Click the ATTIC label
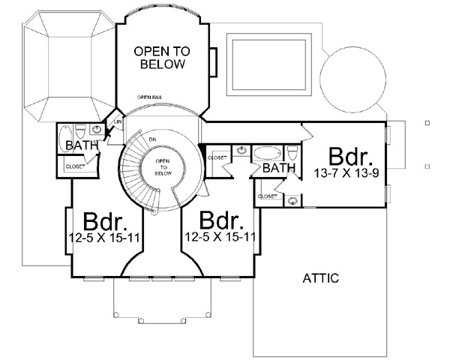pos(321,278)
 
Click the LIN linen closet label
pos(118,121)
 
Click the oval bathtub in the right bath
pos(265,153)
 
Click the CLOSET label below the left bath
pos(74,166)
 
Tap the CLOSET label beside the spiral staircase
pos(217,157)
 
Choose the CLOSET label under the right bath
pos(267,196)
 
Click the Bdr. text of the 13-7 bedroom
pos(349,157)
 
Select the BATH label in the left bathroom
pos(79,145)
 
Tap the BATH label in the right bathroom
pos(278,169)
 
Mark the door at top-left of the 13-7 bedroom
pos(307,132)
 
